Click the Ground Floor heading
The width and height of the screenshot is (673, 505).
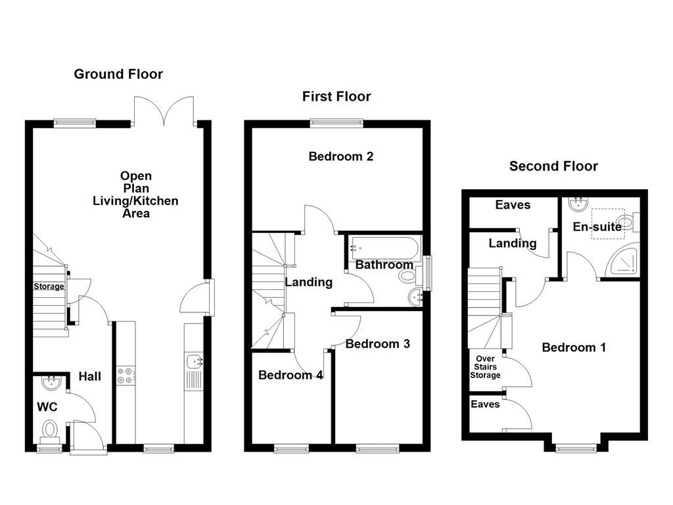click(x=118, y=74)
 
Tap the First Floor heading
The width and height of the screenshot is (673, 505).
click(x=336, y=97)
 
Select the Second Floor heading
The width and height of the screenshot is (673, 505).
click(x=553, y=166)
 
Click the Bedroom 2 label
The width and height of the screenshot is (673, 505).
click(x=341, y=156)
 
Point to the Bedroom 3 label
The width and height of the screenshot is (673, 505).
click(x=378, y=344)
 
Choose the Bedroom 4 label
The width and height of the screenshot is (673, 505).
click(x=290, y=375)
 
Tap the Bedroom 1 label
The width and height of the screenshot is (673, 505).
click(x=574, y=348)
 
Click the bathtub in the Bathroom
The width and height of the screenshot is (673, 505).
click(x=383, y=247)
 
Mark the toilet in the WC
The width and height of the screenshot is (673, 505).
click(x=50, y=430)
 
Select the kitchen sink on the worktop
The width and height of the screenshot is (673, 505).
click(x=195, y=361)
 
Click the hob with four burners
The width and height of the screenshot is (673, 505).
click(x=125, y=375)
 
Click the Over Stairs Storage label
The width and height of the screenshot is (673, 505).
click(x=484, y=368)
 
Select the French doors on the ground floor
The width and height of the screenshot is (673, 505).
click(x=164, y=110)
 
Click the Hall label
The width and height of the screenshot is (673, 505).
click(x=90, y=376)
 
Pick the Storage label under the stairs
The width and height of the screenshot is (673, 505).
click(x=49, y=287)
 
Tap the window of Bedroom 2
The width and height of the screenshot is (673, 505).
click(x=336, y=122)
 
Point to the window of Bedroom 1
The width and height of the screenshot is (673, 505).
click(x=577, y=449)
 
